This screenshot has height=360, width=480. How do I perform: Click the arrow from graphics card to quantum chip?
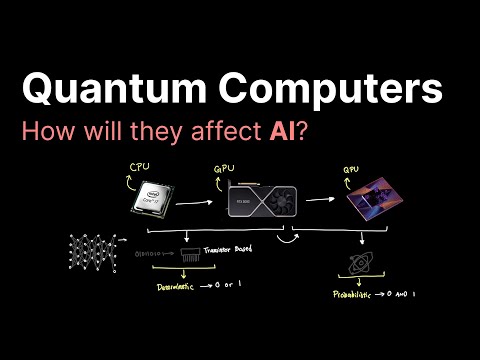point(318,199)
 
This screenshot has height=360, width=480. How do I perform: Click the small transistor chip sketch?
point(191,256)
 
